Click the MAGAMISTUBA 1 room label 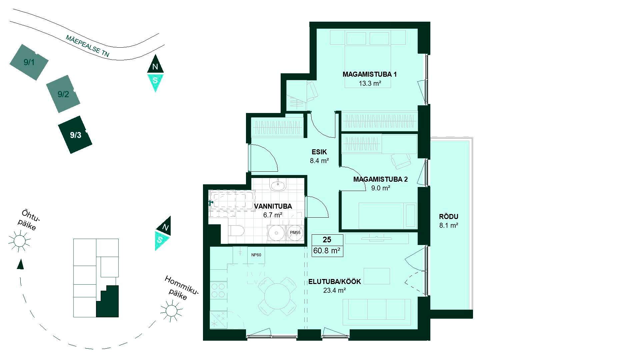[369, 74]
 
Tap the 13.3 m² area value [370, 83]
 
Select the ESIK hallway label [319, 153]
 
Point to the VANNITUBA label [273, 206]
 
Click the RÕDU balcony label [449, 217]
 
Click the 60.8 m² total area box [327, 251]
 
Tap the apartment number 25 [327, 240]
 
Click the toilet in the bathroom [236, 231]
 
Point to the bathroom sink [278, 185]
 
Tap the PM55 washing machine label [295, 233]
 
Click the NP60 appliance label [256, 255]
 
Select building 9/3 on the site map [75, 135]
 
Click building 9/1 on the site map [29, 62]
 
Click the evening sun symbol [19, 241]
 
